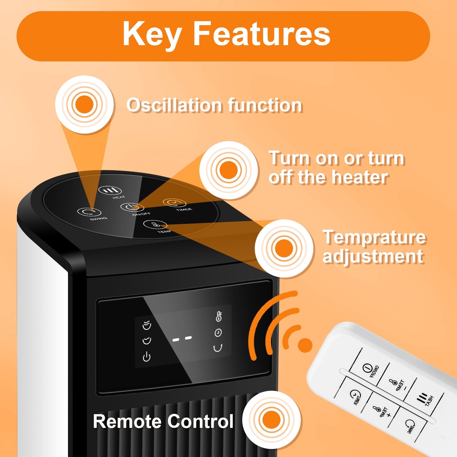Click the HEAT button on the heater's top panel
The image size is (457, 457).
110,191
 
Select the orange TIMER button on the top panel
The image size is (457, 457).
175,203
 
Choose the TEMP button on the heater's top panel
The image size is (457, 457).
155,225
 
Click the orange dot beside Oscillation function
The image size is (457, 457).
85,104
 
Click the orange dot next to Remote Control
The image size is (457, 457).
271,420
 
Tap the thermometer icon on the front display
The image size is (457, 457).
219,316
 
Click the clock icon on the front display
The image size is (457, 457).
218,333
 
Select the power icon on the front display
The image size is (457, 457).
147,357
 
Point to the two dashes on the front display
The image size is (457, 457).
182,339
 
